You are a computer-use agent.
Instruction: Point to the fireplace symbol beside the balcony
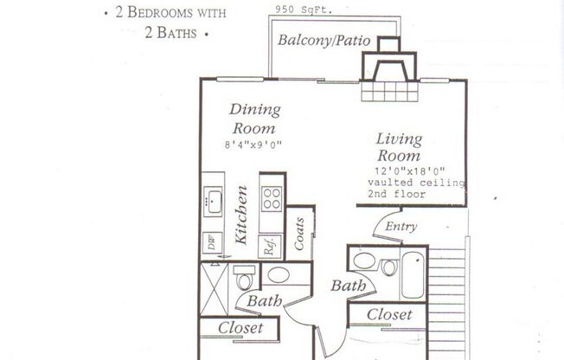pos(388,71)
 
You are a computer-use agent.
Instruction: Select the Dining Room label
pos(254,119)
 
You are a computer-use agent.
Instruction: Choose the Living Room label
pos(399,148)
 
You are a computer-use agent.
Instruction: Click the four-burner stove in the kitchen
pos(272,199)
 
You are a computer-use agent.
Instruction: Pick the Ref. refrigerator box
pos(271,243)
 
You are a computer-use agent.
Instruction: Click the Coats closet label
pos(299,233)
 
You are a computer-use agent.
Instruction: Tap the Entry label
pos(401,227)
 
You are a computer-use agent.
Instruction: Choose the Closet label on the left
pos(240,328)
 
